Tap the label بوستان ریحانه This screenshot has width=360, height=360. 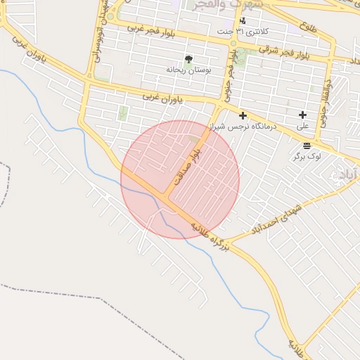[x=185, y=70]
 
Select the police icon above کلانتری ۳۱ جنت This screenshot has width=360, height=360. [x=243, y=20]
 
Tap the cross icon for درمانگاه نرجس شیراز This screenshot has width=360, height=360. [x=243, y=115]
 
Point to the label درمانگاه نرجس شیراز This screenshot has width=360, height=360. [x=243, y=127]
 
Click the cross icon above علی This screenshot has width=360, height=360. [x=303, y=115]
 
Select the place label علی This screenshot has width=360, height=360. [x=303, y=127]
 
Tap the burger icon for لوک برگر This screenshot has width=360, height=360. [x=307, y=146]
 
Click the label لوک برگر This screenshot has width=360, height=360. [x=307, y=156]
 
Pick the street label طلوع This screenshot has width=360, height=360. [x=307, y=30]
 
